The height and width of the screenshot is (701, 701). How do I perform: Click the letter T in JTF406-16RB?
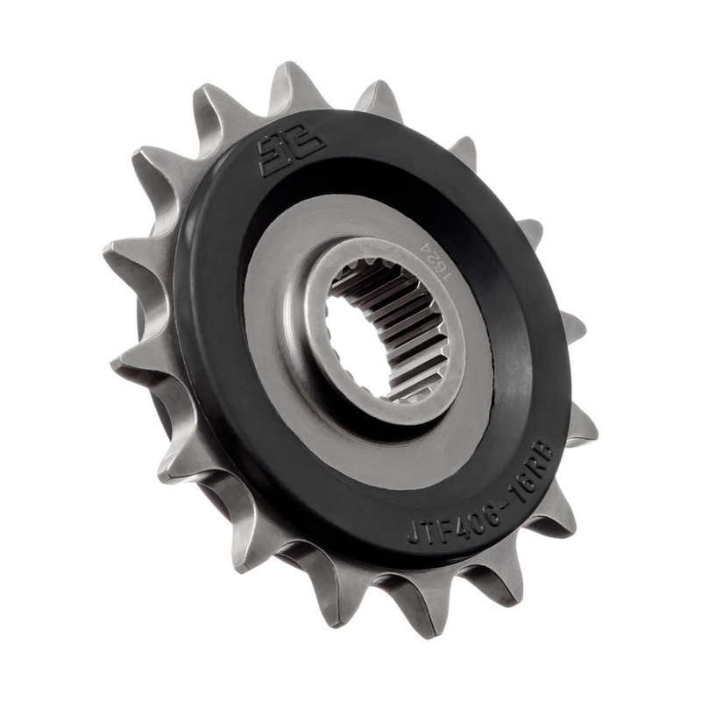(424, 528)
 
